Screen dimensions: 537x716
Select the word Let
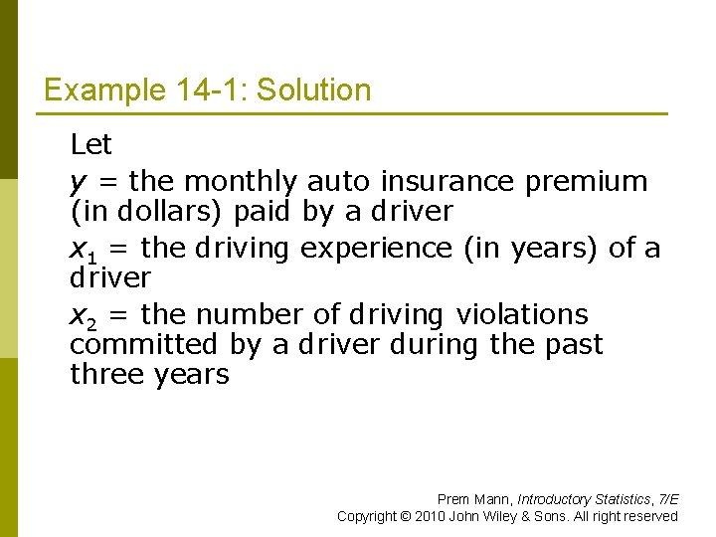[90, 145]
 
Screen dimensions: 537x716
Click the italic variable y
[77, 183]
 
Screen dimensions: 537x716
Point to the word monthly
[241, 182]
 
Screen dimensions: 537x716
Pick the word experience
[376, 249]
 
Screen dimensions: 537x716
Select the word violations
[522, 315]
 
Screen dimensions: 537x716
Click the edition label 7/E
[668, 499]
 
